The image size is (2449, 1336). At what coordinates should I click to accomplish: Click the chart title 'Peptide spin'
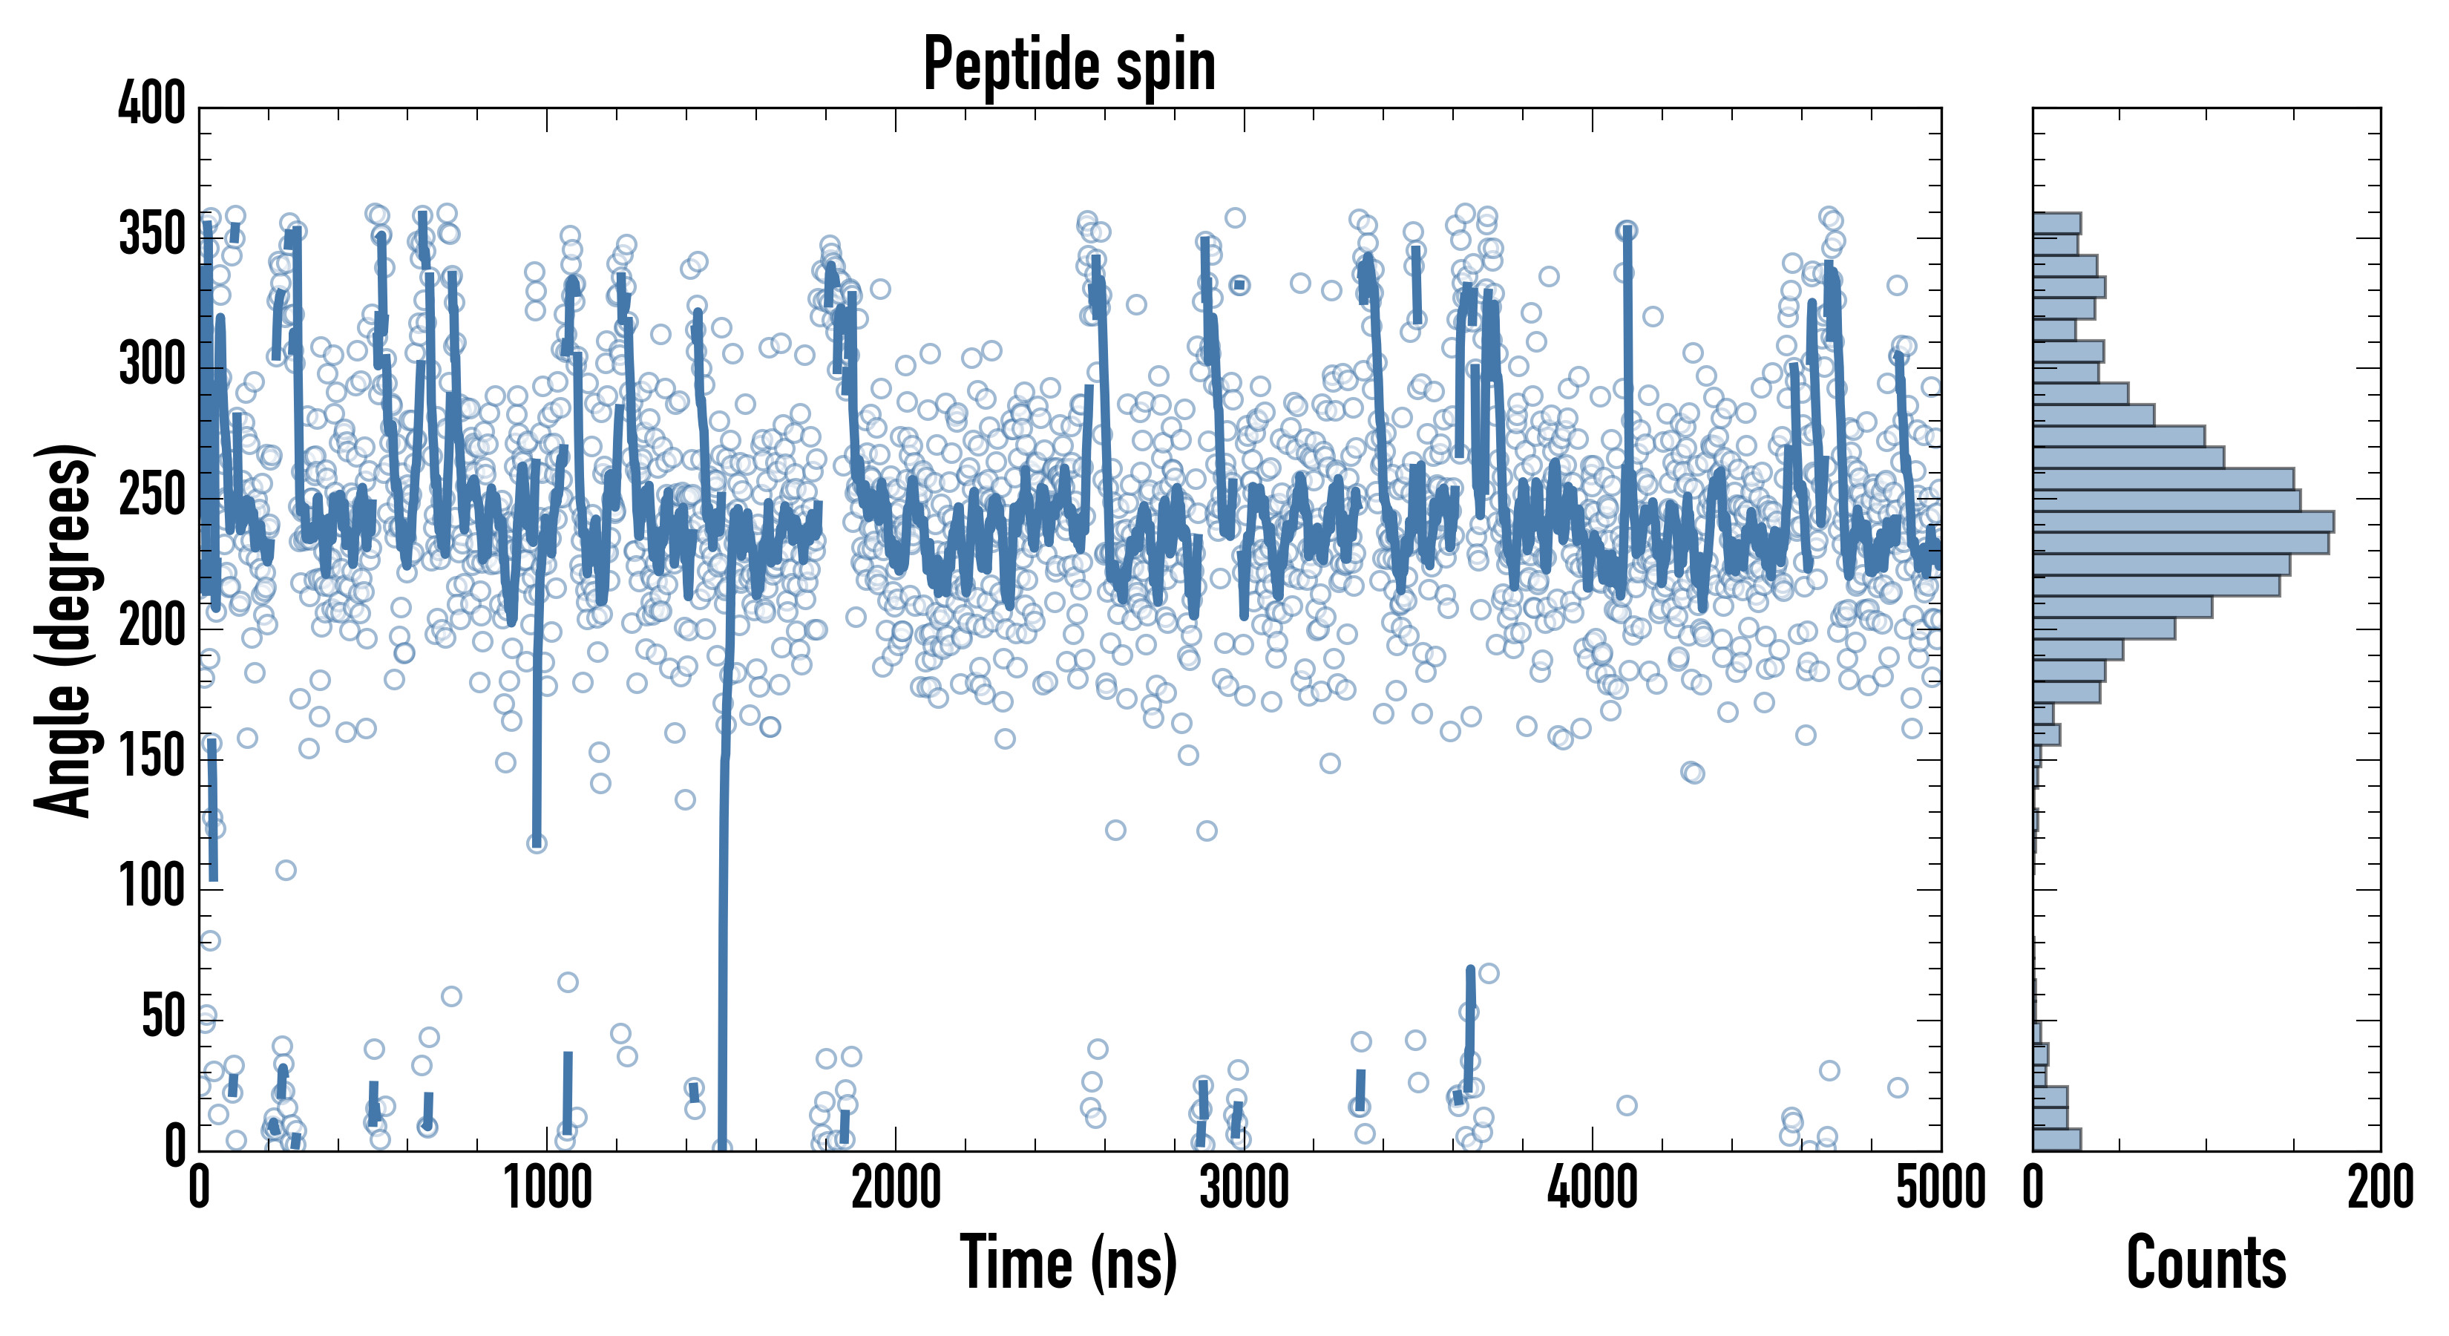point(1069,65)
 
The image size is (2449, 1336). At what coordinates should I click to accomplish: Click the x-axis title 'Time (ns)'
point(1069,1262)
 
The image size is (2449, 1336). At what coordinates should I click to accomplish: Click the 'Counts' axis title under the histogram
point(2206,1262)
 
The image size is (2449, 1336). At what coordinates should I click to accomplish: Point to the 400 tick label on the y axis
point(151,102)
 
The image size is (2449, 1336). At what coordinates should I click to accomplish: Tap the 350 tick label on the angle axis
point(151,234)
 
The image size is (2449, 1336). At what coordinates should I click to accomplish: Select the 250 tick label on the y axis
point(151,495)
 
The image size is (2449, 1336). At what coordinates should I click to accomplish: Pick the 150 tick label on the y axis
point(151,757)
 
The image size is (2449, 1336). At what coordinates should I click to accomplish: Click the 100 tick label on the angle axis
point(151,887)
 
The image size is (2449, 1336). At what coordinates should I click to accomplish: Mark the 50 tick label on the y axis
point(163,1018)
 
